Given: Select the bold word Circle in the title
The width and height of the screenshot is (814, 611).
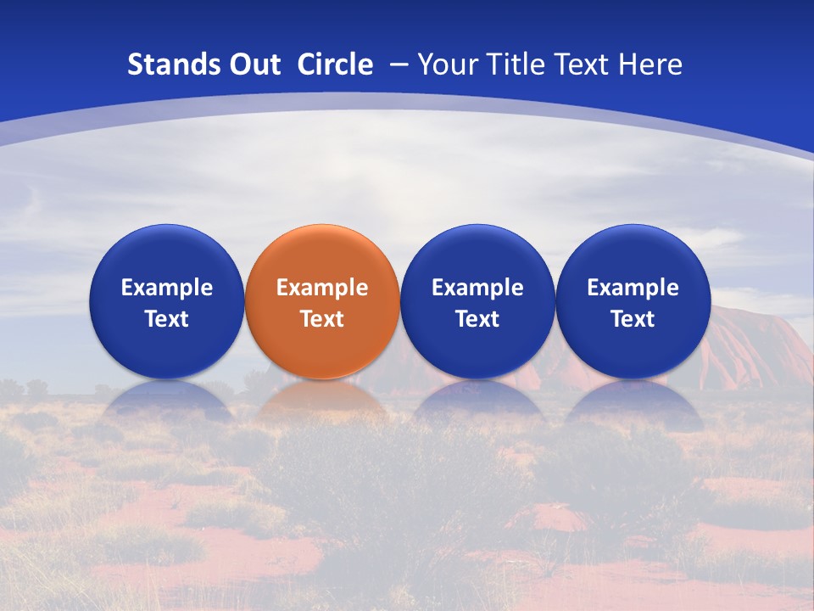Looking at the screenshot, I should click(x=335, y=64).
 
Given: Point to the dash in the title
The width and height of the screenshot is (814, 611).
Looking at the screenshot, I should click(x=397, y=65).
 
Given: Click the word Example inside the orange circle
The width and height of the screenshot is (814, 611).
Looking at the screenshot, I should click(x=322, y=288).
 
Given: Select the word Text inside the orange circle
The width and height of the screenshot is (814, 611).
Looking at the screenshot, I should click(x=322, y=319).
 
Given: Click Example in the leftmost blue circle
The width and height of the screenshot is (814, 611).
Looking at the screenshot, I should click(x=167, y=288).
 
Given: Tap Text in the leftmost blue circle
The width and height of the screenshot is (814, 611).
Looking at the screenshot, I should click(x=167, y=319).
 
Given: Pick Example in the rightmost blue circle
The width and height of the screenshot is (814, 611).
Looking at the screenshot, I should click(x=633, y=288).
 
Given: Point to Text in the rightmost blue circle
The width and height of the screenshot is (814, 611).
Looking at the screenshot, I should click(x=633, y=319).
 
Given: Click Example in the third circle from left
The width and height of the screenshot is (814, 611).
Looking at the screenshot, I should click(x=477, y=288).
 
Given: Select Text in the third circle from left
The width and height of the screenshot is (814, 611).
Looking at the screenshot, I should click(x=477, y=319).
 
